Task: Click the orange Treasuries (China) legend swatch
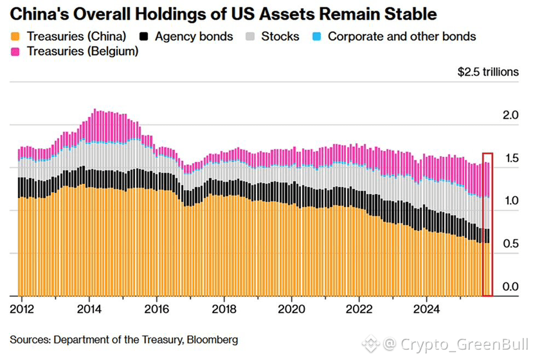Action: [15, 37]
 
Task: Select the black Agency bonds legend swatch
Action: [144, 37]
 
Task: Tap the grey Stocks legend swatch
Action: [250, 37]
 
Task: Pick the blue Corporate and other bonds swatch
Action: [316, 37]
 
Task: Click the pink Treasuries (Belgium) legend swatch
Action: [15, 51]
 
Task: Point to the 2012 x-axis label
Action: [22, 309]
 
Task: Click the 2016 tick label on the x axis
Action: [156, 309]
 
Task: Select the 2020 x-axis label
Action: [291, 309]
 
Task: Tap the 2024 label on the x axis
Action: [426, 309]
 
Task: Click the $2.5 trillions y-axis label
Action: [488, 72]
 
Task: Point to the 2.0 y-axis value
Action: [510, 115]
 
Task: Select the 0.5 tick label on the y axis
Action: [510, 244]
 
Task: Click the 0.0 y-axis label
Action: [510, 287]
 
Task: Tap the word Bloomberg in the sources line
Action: [212, 339]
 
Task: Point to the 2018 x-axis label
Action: [224, 309]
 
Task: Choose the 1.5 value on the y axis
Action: [511, 158]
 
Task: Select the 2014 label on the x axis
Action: [89, 309]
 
